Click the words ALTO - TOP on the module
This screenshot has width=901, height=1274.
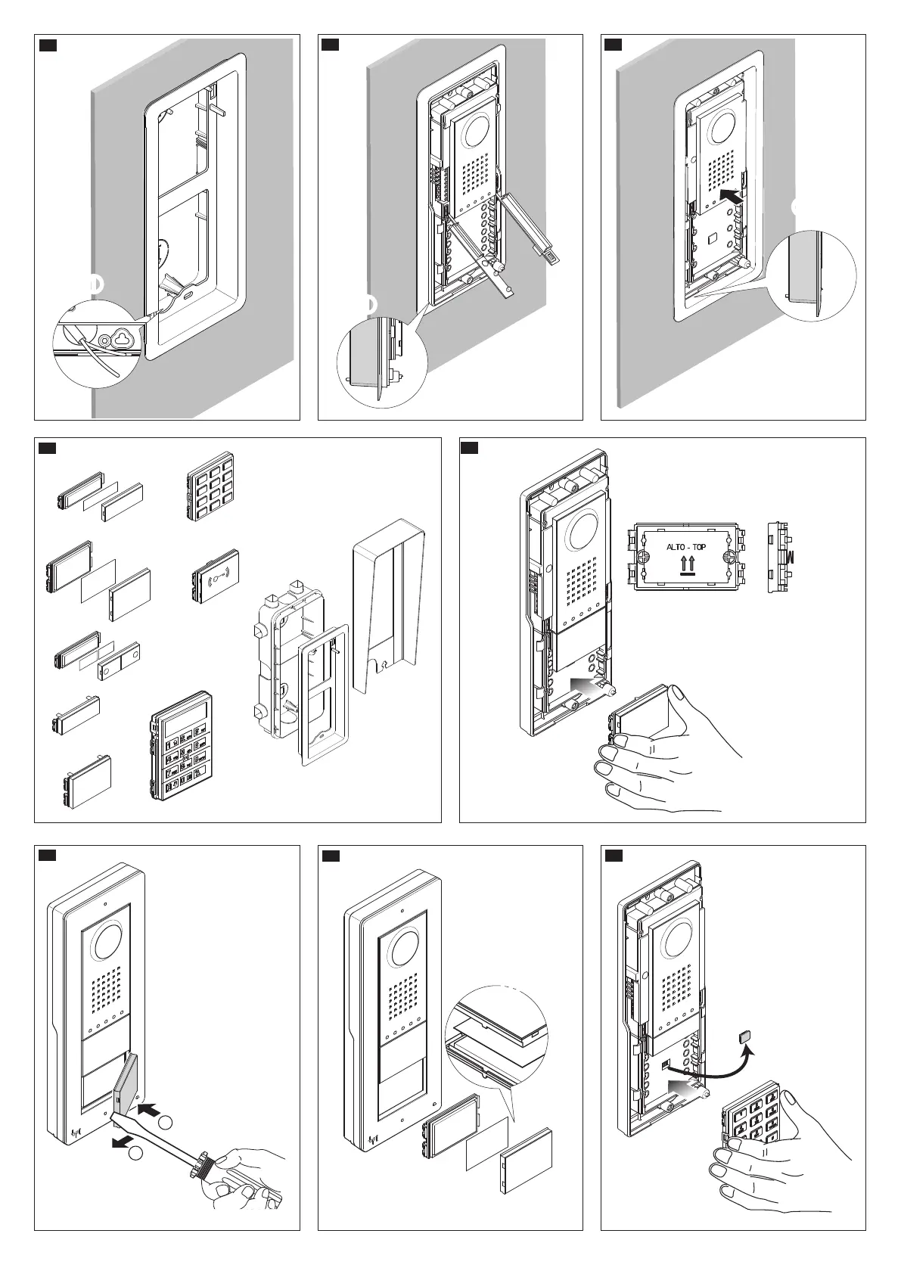[x=685, y=546]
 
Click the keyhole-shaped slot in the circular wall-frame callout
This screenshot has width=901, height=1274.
[x=120, y=338]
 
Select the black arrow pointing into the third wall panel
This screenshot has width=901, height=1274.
[x=731, y=195]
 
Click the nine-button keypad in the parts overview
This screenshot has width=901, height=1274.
[x=210, y=486]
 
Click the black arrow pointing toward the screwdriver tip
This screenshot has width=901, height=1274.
[x=151, y=1109]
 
